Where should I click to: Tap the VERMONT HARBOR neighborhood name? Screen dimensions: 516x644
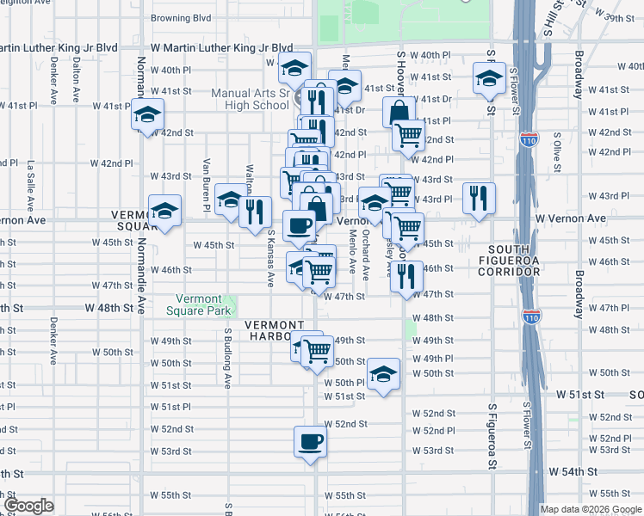(x=274, y=330)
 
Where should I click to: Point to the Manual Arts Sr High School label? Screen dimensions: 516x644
(x=251, y=99)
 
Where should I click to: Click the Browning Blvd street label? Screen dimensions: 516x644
(x=181, y=17)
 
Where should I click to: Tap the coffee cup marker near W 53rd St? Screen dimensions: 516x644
(x=311, y=443)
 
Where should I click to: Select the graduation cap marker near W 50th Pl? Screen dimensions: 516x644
(x=383, y=373)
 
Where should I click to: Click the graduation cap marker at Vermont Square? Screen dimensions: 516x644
(x=164, y=211)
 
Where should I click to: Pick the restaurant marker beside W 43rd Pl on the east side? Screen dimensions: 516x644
(x=479, y=198)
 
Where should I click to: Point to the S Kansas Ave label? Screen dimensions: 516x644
(x=269, y=257)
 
